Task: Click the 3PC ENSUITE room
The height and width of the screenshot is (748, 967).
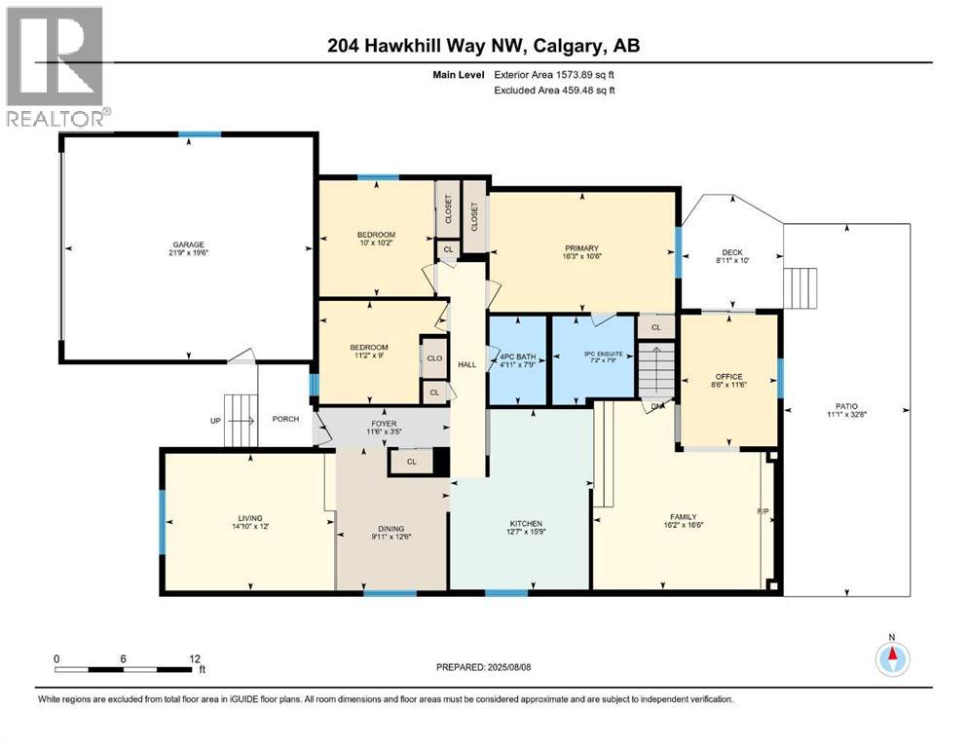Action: [593, 356]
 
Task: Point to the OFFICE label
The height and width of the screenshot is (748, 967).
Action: [727, 377]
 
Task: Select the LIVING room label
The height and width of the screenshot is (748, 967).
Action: [248, 518]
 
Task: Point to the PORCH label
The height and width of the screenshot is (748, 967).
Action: [285, 420]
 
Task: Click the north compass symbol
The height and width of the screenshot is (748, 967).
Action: [890, 657]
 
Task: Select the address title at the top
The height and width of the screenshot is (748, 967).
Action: [483, 46]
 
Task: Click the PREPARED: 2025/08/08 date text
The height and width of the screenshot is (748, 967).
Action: [484, 667]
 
